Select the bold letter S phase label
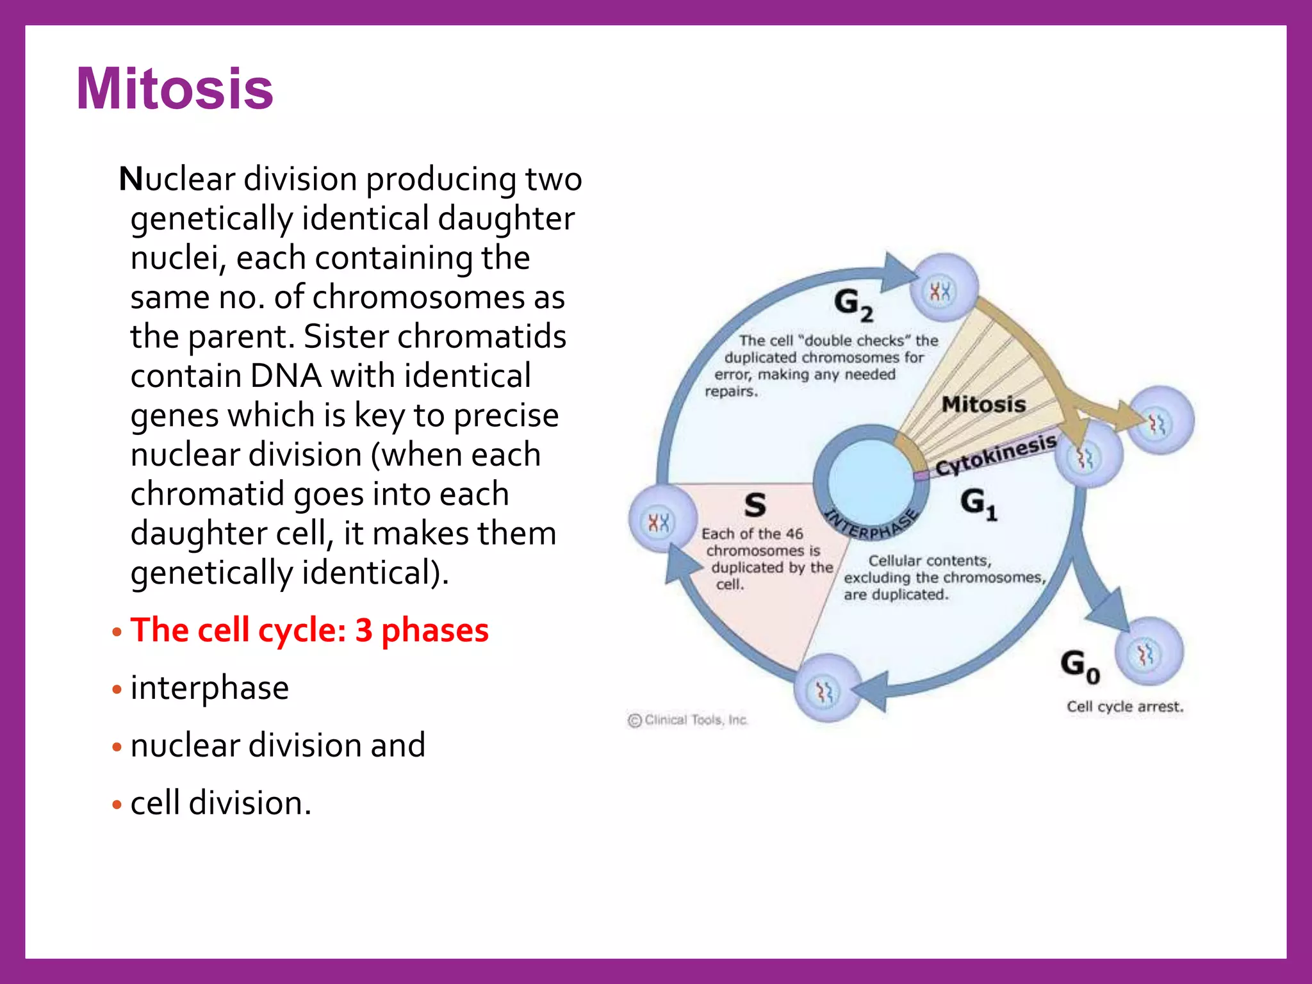click(755, 505)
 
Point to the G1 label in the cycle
click(978, 504)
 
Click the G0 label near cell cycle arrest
click(1079, 666)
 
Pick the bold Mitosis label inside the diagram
click(983, 404)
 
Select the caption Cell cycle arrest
click(1124, 707)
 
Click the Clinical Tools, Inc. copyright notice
click(688, 720)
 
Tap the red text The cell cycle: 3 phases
click(309, 630)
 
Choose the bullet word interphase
click(209, 688)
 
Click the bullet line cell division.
click(220, 803)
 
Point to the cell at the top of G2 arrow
click(943, 288)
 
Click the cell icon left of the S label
click(660, 520)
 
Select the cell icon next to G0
click(1149, 653)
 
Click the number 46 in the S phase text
click(794, 534)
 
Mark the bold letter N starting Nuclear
click(131, 179)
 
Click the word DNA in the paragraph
click(286, 376)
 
